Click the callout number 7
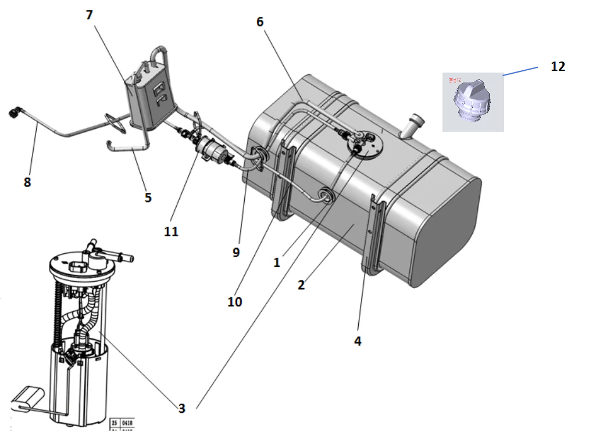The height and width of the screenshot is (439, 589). [89, 15]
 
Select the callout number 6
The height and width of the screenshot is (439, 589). [260, 22]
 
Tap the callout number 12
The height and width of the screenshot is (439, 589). [557, 66]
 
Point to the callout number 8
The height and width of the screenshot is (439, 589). [27, 182]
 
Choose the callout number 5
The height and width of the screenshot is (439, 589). [148, 197]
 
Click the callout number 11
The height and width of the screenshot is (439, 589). [171, 231]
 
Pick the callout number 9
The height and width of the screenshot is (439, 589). [235, 252]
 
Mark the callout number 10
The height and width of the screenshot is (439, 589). [235, 302]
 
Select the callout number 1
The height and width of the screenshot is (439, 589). [277, 262]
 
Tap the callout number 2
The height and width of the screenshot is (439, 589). [301, 285]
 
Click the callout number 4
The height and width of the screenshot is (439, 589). [358, 341]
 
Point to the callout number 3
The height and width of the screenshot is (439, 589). [182, 408]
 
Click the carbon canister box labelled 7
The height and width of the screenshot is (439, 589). [150, 96]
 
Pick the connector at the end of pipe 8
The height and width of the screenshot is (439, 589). [15, 112]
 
